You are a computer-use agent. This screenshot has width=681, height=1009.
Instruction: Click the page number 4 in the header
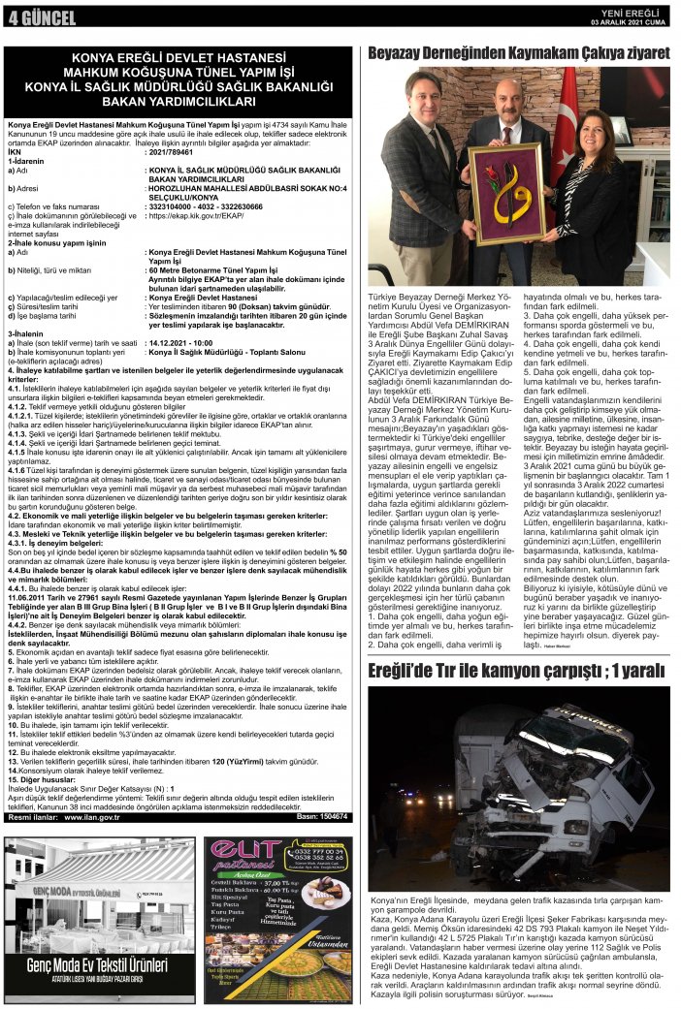(13, 17)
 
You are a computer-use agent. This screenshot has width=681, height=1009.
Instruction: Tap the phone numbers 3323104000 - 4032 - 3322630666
(206, 206)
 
